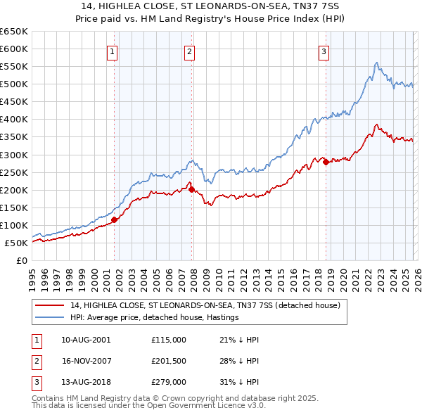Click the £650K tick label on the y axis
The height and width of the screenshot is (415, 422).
(14, 32)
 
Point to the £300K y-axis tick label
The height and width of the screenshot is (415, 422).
(14, 155)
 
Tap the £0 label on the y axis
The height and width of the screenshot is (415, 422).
(21, 260)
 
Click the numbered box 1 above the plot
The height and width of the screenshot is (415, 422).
(113, 51)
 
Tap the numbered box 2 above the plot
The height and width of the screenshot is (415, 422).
(190, 51)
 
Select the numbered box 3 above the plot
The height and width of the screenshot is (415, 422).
(324, 51)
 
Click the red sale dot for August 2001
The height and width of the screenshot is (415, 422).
(114, 219)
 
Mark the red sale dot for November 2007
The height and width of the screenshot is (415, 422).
(191, 189)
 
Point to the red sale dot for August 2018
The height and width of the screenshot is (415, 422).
(326, 162)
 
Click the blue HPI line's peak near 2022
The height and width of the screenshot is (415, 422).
(377, 63)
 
